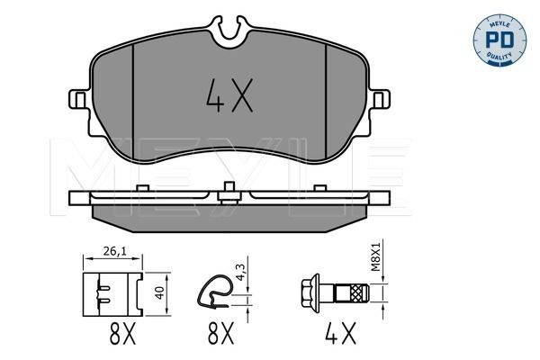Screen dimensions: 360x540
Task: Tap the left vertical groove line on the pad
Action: click(x=133, y=99)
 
